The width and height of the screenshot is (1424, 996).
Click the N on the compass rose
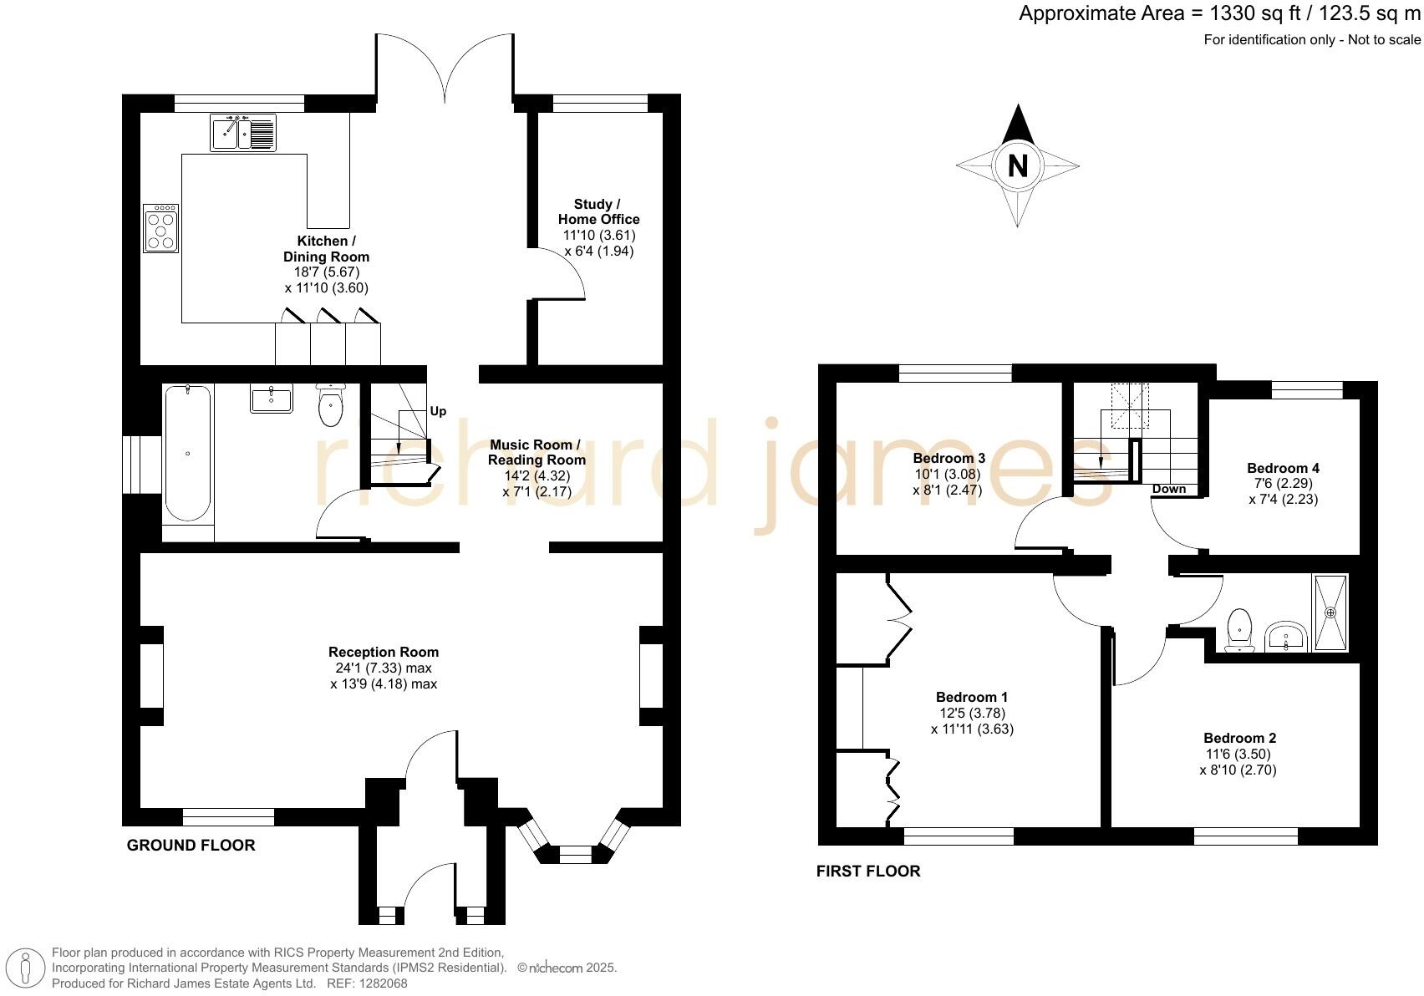coord(1017,165)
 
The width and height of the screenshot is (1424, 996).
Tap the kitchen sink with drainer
coord(243,133)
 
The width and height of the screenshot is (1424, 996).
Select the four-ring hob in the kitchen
coord(161,229)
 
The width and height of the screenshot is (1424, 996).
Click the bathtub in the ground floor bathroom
coord(187,454)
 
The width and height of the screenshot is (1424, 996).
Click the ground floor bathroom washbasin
coord(272,399)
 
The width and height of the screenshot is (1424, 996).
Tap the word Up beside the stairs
coord(438,411)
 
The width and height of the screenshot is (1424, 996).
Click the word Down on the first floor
coord(1168,489)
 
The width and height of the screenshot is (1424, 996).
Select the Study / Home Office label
coord(598,211)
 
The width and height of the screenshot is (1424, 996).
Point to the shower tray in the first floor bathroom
coord(1330,612)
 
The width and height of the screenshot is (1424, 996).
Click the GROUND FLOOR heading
coord(191,846)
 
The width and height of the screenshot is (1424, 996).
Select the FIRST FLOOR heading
coord(868,871)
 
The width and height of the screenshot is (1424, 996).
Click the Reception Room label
coord(384,652)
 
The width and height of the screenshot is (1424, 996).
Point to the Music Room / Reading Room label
coord(537,452)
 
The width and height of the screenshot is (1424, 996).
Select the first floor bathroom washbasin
coord(1286,638)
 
